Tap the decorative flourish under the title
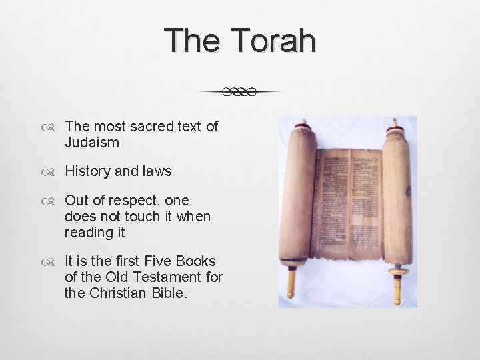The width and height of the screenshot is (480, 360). [240, 92]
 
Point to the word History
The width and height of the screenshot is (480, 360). [87, 171]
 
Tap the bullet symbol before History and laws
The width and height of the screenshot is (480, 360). [53, 172]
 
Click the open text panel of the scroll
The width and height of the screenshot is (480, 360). [347, 200]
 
